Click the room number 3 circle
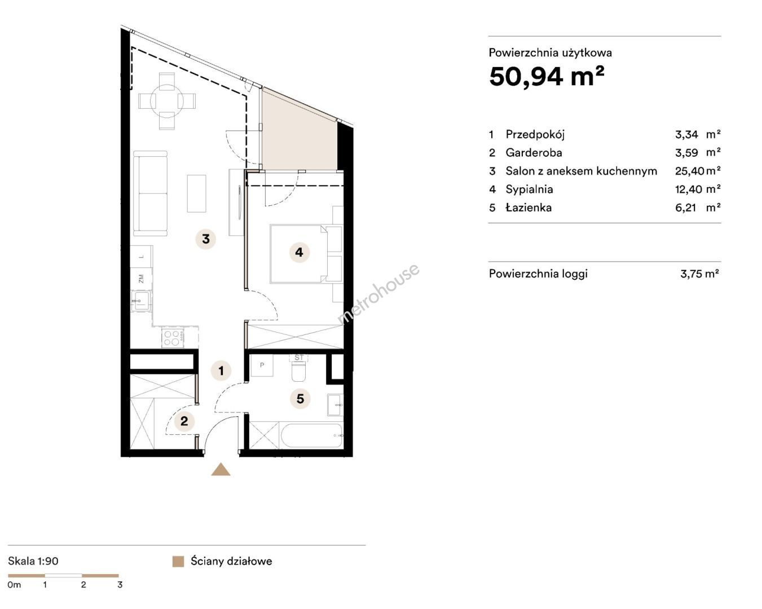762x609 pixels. pos(206,239)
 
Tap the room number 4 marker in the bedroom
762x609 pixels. pos(299,253)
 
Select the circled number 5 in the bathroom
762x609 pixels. pos(300,399)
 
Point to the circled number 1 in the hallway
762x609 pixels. pos(221,370)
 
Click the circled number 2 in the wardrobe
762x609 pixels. pos(184,421)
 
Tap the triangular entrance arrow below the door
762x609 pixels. pos(221,470)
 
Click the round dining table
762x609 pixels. pos(167,101)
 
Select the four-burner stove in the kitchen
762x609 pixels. pos(173,338)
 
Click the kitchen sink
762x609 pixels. pos(141,301)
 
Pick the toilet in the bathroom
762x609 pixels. pos(298,368)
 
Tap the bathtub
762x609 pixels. pos(311,435)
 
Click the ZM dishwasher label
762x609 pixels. pos(141,279)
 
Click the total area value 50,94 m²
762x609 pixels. pos(547,77)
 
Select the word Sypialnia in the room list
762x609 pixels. pos(529,189)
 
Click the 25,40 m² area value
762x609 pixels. pos(698,171)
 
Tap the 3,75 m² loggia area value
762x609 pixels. pos(699,273)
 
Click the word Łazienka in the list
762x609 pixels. pos(528,208)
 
